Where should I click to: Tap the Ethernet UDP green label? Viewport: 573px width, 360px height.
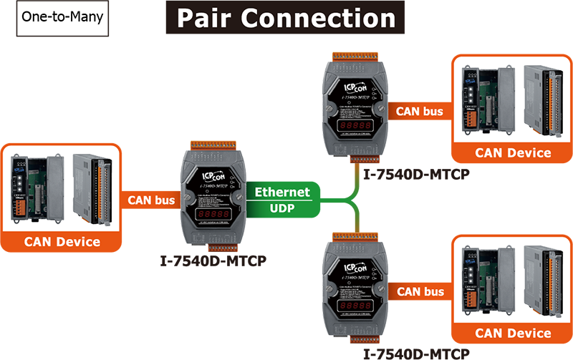[x=282, y=198]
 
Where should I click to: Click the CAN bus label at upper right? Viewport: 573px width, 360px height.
[x=420, y=111]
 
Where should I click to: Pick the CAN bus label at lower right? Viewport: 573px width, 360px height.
[x=420, y=291]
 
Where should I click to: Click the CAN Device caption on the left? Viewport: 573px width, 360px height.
[x=62, y=242]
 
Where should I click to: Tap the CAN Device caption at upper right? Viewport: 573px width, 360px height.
[x=513, y=152]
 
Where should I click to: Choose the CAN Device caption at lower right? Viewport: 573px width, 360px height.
[x=513, y=334]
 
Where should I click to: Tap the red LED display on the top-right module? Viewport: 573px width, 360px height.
[x=355, y=127]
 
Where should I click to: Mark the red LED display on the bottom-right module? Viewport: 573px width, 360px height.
[x=355, y=306]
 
